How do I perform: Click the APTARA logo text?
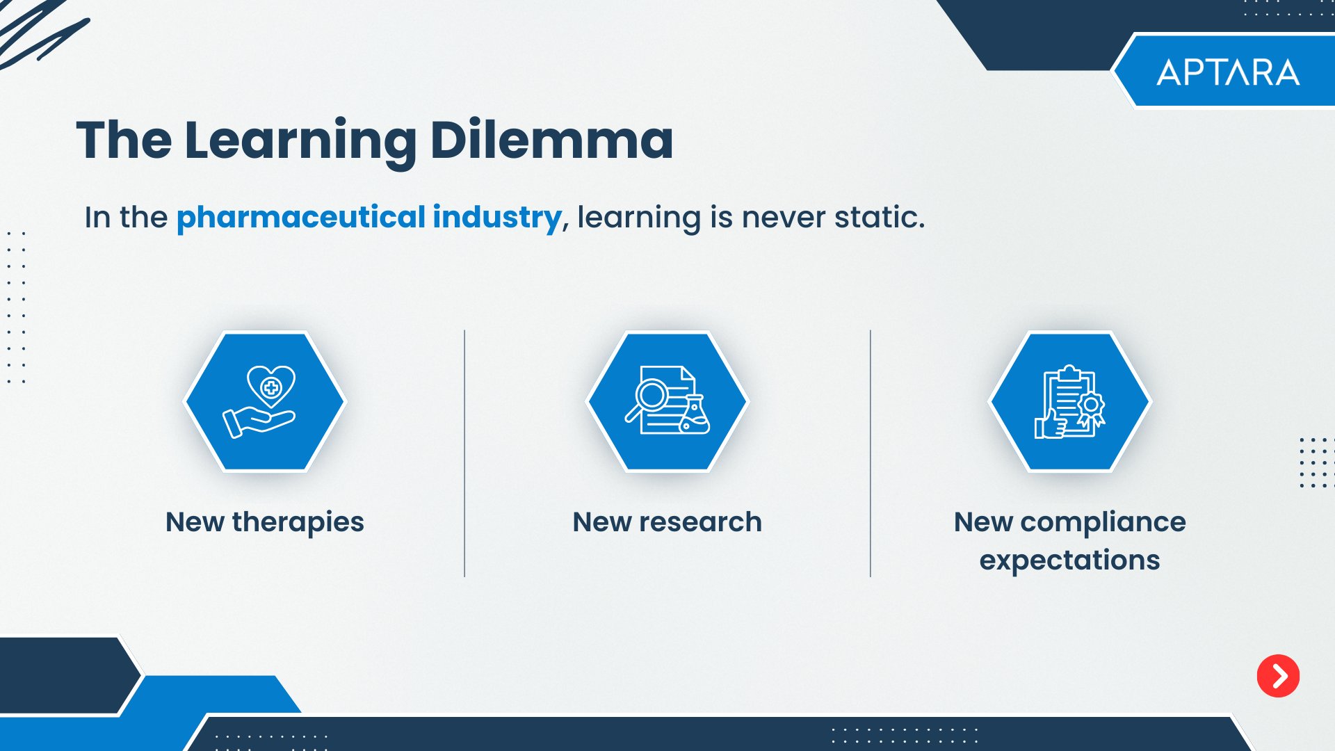(x=1228, y=72)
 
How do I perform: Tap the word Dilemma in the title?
(x=551, y=140)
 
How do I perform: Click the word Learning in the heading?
(x=300, y=143)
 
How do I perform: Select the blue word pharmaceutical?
(x=300, y=218)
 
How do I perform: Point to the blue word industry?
(x=497, y=218)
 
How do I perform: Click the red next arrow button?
(x=1278, y=675)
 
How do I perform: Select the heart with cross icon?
(x=271, y=386)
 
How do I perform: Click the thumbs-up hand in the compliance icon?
(x=1051, y=423)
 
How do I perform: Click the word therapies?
(x=298, y=523)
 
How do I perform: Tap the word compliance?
(x=1103, y=523)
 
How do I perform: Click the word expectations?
(x=1069, y=560)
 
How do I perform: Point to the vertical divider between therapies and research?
(x=464, y=453)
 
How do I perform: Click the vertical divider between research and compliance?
(x=870, y=453)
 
